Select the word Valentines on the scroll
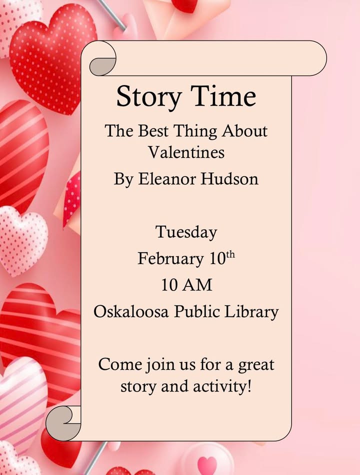[186, 151]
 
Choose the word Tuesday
[186, 232]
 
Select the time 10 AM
[186, 285]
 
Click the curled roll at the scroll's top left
[102, 62]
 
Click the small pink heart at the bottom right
[207, 464]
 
